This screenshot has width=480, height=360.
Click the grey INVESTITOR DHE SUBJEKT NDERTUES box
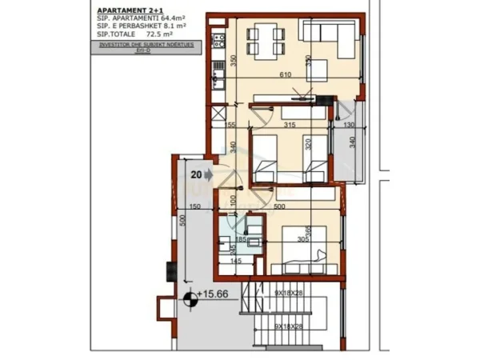(144, 49)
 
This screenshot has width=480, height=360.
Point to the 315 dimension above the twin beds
(290, 124)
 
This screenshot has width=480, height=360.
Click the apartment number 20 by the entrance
(196, 172)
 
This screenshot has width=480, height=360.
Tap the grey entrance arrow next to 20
(208, 172)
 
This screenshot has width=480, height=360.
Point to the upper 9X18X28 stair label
(290, 294)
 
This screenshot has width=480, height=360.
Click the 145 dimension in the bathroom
(236, 261)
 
